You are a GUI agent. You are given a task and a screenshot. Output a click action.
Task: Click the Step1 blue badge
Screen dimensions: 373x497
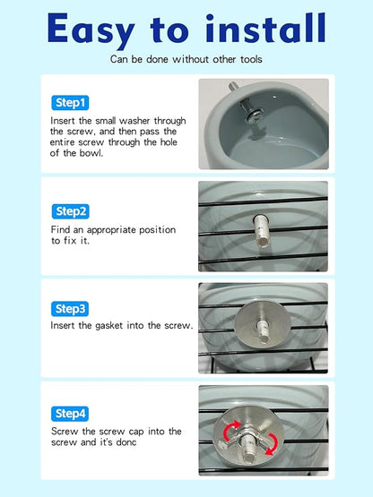click(x=70, y=103)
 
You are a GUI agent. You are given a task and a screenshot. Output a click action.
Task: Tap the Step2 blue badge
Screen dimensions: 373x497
click(x=71, y=211)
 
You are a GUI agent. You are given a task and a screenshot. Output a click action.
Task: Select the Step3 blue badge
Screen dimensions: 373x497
click(x=70, y=309)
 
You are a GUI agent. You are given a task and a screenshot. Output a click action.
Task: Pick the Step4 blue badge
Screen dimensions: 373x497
click(x=70, y=414)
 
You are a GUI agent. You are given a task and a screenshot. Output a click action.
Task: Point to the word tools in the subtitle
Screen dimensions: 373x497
click(x=251, y=59)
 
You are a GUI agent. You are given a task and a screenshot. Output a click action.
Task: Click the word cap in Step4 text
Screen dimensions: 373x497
click(x=136, y=432)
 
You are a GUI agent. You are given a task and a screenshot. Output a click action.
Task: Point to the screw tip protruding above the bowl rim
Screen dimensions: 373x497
click(x=233, y=87)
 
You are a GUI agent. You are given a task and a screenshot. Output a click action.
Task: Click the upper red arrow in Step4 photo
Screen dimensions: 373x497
click(x=231, y=429)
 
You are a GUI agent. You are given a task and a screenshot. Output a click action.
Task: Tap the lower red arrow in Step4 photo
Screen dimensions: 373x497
click(x=271, y=444)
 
